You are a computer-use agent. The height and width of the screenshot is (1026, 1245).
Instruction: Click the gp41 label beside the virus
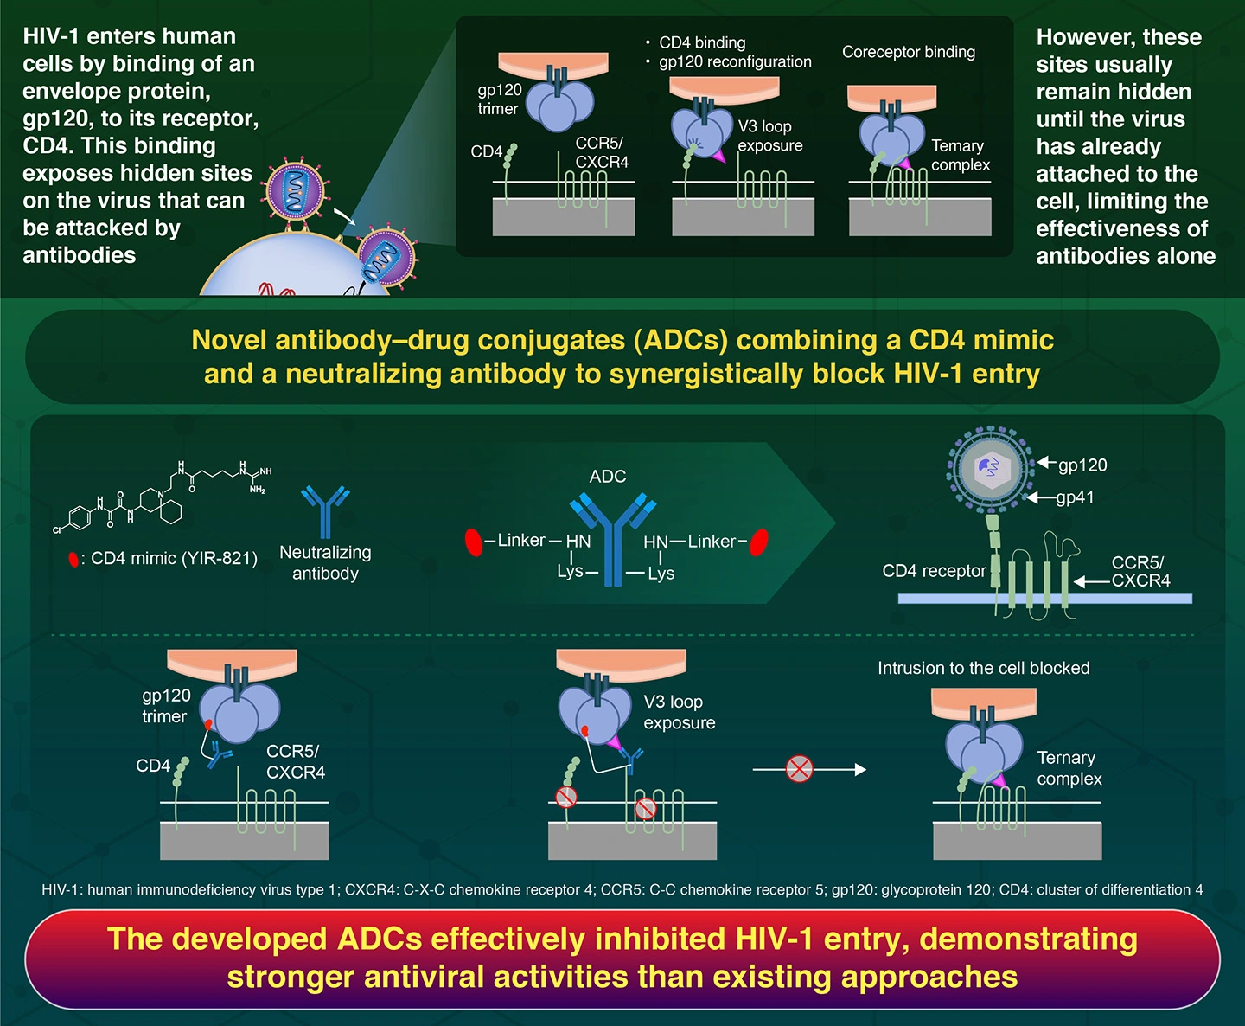point(1075,497)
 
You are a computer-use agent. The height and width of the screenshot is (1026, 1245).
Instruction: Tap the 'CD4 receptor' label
point(934,571)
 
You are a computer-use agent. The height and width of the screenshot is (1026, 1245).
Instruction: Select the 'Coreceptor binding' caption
point(909,52)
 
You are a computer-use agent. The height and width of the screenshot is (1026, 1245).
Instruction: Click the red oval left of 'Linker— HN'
point(474,542)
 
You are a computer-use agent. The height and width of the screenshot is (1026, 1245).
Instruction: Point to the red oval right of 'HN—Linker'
point(759,542)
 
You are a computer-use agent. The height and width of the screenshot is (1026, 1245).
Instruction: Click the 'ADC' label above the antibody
point(607,477)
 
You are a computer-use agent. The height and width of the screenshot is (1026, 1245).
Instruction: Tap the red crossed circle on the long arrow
point(799,768)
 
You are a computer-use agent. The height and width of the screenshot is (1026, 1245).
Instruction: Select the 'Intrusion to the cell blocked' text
point(983,668)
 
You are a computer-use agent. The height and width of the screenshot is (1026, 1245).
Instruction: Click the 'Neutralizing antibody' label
point(325,562)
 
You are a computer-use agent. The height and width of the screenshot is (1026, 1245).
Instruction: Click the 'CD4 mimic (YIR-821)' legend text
point(174,559)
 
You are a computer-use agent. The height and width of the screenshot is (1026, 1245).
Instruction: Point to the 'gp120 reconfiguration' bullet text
point(735,61)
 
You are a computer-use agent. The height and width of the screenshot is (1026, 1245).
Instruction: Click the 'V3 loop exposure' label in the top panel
point(769,136)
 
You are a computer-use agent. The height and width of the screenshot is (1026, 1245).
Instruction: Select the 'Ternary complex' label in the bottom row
point(1069,768)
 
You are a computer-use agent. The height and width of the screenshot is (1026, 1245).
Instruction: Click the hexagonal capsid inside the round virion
point(991,469)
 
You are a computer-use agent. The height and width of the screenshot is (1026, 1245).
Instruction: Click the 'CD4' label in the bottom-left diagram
point(153,766)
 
